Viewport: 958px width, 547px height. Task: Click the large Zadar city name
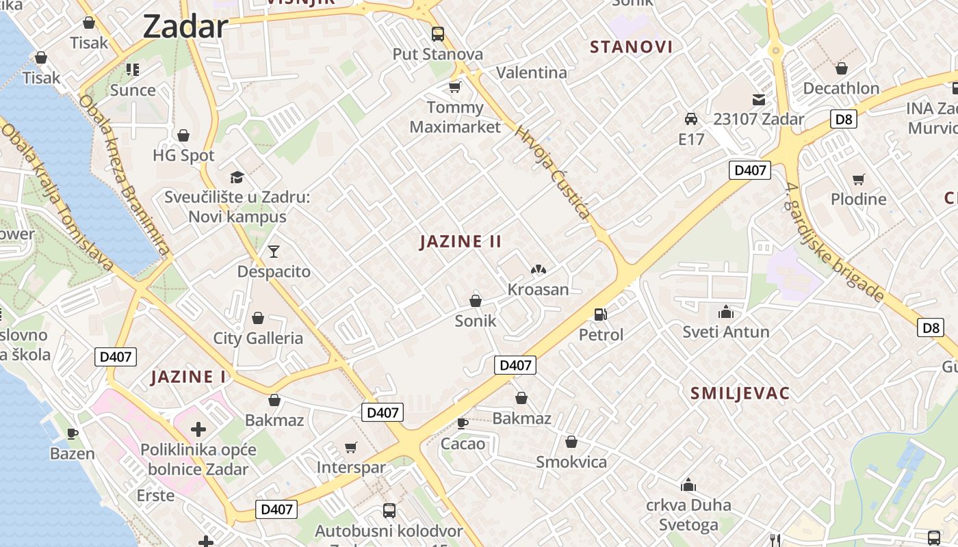(x=185, y=27)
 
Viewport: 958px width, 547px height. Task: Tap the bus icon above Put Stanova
(x=437, y=34)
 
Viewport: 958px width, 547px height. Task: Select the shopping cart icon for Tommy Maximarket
(x=454, y=87)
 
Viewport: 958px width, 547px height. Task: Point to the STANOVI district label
(x=631, y=47)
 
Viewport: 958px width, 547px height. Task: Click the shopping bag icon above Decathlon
(x=841, y=68)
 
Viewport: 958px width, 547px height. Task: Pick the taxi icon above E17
(x=691, y=119)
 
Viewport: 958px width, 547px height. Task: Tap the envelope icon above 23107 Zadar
(x=758, y=99)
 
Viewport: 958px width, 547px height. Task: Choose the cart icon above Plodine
(x=858, y=179)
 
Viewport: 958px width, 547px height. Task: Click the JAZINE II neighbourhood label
(x=461, y=241)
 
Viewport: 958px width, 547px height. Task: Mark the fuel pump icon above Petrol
(x=601, y=315)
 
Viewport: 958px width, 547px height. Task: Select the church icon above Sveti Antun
(x=726, y=312)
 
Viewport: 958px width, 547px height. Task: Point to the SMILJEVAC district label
(x=740, y=393)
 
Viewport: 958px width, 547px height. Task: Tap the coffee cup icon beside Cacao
(x=463, y=423)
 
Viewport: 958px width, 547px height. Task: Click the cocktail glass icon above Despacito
(x=274, y=252)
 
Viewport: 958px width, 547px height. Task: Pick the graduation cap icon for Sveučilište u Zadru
(x=237, y=177)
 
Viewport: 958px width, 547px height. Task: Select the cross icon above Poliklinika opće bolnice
(x=198, y=429)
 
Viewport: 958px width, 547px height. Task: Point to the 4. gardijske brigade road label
(x=835, y=243)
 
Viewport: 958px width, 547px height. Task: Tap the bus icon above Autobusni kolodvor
(x=389, y=510)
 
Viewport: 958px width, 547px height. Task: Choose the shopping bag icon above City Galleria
(x=258, y=318)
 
